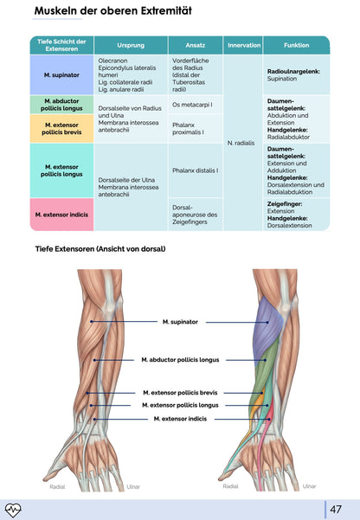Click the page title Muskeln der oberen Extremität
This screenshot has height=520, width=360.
[x=112, y=12]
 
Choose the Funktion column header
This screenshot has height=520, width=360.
[x=296, y=44]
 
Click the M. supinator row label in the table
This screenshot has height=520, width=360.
[x=61, y=75]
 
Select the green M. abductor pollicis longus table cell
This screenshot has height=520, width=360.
[x=61, y=105]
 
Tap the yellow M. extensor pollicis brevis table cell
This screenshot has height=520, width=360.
[x=61, y=128]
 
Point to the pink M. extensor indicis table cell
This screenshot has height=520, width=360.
[x=61, y=214]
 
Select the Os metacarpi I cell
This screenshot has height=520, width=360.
[x=192, y=105]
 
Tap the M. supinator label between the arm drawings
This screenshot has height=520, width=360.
[x=180, y=322]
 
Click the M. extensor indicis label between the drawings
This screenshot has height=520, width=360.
[x=180, y=419]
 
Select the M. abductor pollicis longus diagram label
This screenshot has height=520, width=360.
[x=180, y=359]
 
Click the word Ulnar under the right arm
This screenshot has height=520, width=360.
[x=309, y=486]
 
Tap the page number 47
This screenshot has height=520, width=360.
[x=337, y=509]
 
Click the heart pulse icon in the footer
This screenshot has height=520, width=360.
[x=14, y=509]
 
